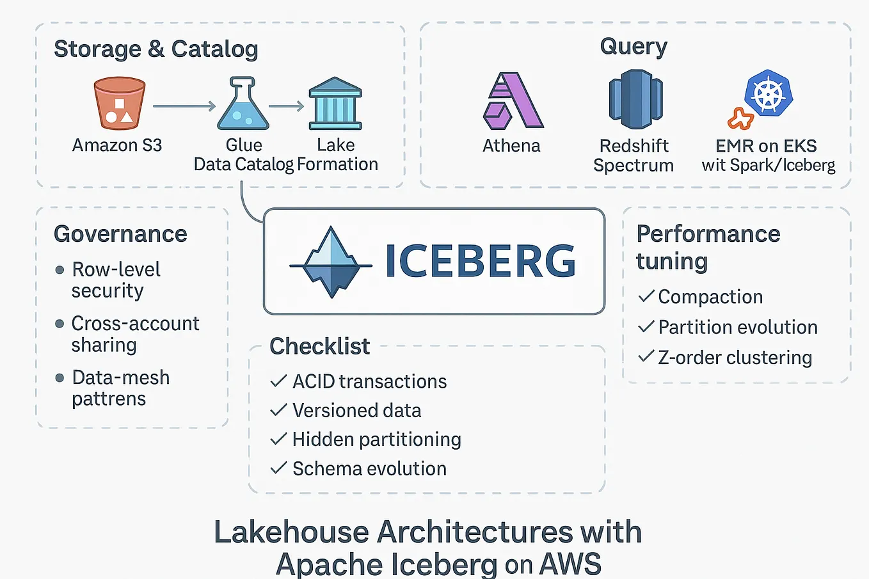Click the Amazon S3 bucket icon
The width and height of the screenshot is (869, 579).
[119, 104]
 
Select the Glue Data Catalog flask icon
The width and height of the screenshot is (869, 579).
[243, 105]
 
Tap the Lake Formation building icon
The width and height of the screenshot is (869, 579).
[335, 104]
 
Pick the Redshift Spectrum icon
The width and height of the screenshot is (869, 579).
[635, 100]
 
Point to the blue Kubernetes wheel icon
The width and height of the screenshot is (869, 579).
[769, 95]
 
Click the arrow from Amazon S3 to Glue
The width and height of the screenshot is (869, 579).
[184, 106]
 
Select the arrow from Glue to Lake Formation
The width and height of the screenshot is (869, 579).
[286, 106]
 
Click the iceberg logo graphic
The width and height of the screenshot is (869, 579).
[331, 262]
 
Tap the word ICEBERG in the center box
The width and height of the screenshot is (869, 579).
[480, 262]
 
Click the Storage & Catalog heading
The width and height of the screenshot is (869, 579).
[155, 49]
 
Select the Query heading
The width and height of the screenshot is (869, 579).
[634, 46]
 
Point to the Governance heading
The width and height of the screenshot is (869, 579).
[120, 234]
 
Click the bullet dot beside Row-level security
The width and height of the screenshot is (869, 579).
[60, 270]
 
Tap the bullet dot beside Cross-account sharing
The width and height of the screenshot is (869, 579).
[60, 324]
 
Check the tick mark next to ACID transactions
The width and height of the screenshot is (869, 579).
[278, 381]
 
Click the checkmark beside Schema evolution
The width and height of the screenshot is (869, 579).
[278, 468]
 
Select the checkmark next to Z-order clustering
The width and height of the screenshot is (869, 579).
[646, 356]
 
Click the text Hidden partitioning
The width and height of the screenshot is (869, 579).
[376, 440]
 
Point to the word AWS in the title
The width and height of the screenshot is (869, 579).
[570, 564]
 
